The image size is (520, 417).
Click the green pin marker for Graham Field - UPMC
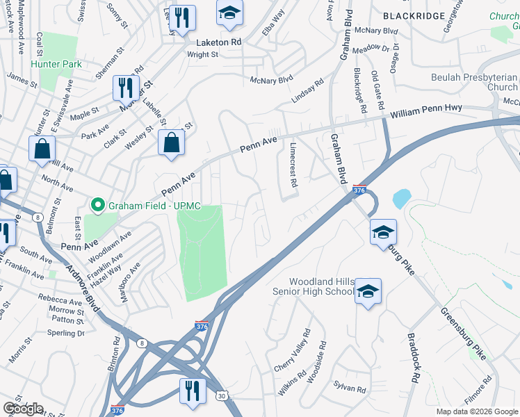pos(99,205)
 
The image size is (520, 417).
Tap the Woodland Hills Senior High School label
pos(312,286)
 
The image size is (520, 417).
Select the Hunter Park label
pos(56,64)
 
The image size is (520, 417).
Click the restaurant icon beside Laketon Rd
pos(182,18)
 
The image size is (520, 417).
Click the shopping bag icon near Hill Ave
pos(42,149)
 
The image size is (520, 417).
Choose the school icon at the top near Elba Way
pos(229,13)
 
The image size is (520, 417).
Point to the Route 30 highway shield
pos(221,395)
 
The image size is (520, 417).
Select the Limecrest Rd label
pos(293,166)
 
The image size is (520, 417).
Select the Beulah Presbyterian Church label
pos(474,82)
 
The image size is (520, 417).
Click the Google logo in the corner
pos(23,409)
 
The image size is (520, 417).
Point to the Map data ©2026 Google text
pos(476,411)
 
